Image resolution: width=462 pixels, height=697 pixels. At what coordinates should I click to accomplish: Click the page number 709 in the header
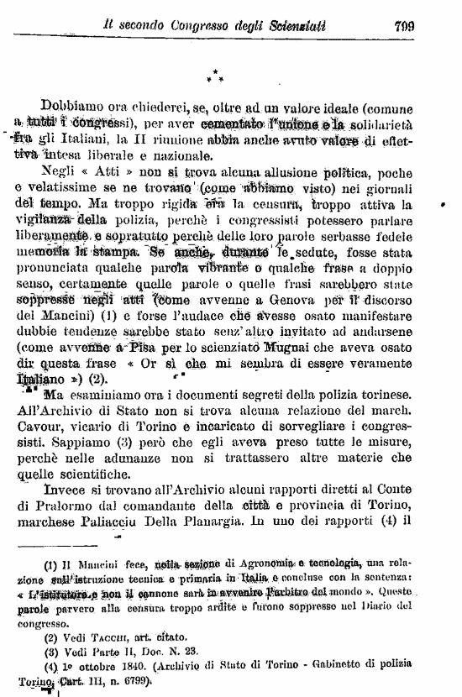point(405,25)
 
